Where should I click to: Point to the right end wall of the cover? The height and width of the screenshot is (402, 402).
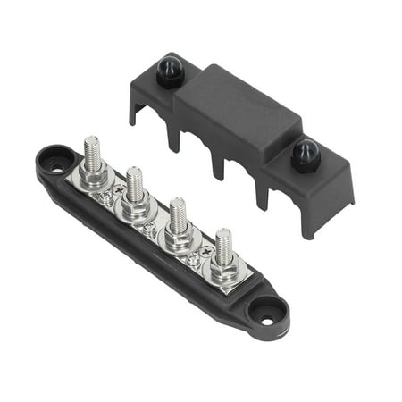coord(338,201)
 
